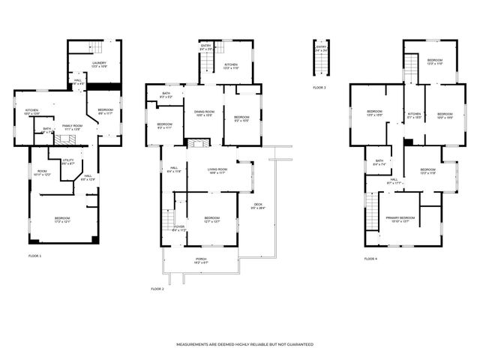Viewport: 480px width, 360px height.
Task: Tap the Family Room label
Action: pyautogui.click(x=72, y=127)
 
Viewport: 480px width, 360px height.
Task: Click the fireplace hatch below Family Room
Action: pyautogui.click(x=69, y=139)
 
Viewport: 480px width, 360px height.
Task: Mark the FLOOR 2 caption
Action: pyautogui.click(x=157, y=289)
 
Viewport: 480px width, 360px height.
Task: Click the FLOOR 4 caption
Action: pyautogui.click(x=370, y=259)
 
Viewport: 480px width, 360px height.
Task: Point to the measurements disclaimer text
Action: pyautogui.click(x=244, y=344)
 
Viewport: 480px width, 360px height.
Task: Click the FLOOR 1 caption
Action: pyautogui.click(x=35, y=256)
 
